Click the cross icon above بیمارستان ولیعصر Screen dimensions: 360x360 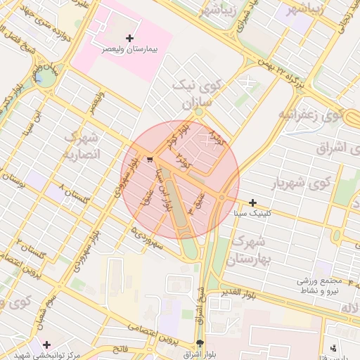[x=129, y=38]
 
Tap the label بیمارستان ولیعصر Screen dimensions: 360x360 [x=129, y=51]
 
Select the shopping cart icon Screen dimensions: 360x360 [x=149, y=160]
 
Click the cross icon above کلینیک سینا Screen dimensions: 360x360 [x=252, y=202]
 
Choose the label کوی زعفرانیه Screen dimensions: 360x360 [x=309, y=113]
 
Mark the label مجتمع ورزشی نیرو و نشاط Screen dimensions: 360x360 [x=327, y=285]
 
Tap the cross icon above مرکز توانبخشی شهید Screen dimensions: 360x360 [x=46, y=345]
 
